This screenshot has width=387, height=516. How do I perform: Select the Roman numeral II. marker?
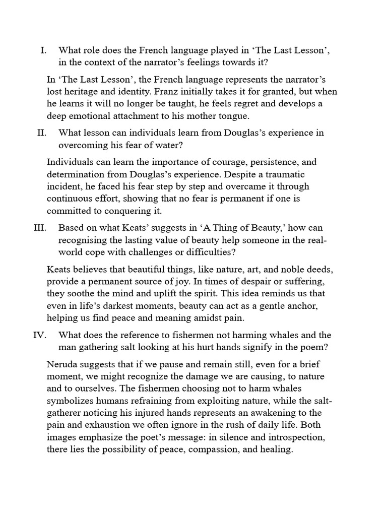click(x=41, y=133)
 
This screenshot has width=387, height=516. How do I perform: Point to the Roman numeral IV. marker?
click(x=39, y=335)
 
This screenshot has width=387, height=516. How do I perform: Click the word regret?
click(x=254, y=103)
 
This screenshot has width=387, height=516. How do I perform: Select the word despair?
click(x=246, y=281)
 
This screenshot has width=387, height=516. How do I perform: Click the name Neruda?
click(x=62, y=364)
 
